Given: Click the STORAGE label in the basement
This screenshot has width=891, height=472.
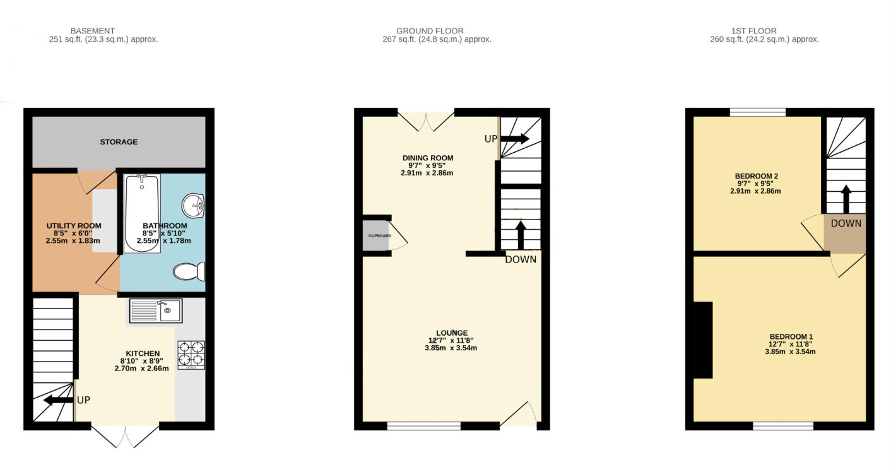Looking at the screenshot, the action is (119, 142).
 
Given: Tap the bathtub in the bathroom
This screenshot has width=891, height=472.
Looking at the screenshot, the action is (142, 213).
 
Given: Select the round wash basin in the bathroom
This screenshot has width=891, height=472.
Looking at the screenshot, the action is (193, 206).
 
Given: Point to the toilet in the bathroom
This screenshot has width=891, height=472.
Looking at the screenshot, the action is (189, 271).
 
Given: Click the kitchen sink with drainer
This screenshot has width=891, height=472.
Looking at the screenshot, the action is (156, 310).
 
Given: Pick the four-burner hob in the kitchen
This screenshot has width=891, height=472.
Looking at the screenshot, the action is (191, 355).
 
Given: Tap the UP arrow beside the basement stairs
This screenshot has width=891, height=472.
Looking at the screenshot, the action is (59, 400).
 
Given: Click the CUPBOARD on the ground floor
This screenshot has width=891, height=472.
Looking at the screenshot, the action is (375, 236).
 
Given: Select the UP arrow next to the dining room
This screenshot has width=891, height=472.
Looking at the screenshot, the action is (515, 139).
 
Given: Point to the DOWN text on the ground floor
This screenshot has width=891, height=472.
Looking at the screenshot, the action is (521, 259).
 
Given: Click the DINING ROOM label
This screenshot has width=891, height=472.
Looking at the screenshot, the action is (428, 158).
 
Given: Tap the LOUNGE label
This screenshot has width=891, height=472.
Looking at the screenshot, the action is (452, 333).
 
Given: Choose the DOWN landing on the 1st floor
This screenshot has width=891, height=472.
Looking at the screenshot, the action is (844, 233).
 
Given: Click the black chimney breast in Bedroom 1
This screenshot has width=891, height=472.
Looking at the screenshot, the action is (703, 340).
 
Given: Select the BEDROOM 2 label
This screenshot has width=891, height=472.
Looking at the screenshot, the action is (756, 176).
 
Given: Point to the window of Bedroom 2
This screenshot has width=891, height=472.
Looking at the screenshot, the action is (758, 112).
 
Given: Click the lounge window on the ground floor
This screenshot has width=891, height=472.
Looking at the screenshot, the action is (424, 427).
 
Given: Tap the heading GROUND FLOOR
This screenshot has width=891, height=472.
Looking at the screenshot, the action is (430, 31).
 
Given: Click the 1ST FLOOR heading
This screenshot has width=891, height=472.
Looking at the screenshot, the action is (754, 31).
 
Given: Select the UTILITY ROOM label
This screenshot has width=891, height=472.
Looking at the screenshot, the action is (74, 226).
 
